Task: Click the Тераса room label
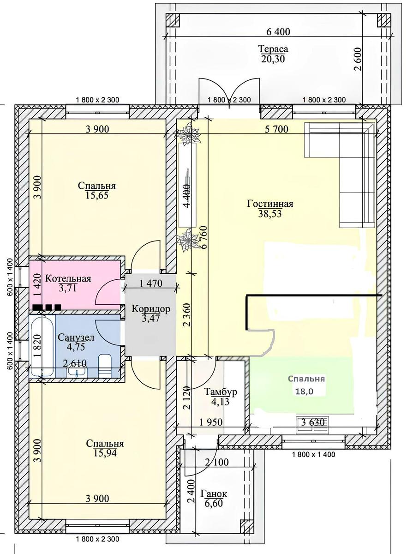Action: (x=273, y=49)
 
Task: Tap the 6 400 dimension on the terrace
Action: (x=278, y=32)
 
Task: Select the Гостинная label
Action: (x=270, y=204)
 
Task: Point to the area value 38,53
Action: (x=270, y=213)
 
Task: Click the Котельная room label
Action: (x=68, y=279)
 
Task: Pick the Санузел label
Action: (x=76, y=337)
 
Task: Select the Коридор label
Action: (x=151, y=309)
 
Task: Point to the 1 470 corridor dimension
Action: (x=151, y=283)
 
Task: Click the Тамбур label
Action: (x=220, y=391)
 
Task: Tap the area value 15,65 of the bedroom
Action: (x=97, y=195)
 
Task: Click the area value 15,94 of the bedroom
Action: (x=105, y=453)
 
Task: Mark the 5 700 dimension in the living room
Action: (x=276, y=129)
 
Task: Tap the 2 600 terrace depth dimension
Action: (x=358, y=59)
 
